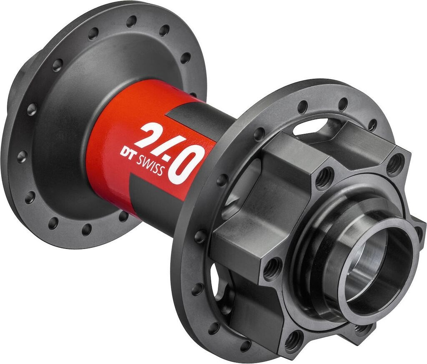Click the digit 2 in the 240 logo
(x=148, y=134)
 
